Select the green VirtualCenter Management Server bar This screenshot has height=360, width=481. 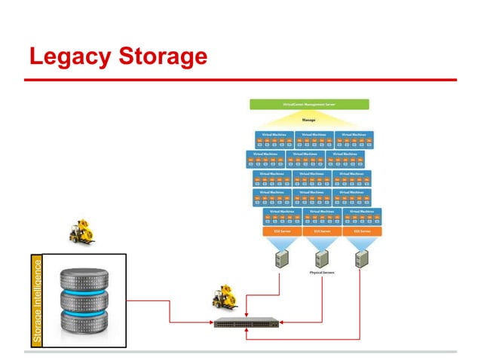coord(309,105)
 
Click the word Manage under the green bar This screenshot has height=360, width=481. coord(309,119)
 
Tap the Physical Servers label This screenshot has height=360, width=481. coord(322,273)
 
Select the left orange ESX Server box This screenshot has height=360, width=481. coord(282,232)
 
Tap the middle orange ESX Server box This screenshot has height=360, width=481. coord(321,232)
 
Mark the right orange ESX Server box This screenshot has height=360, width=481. coord(360,232)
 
